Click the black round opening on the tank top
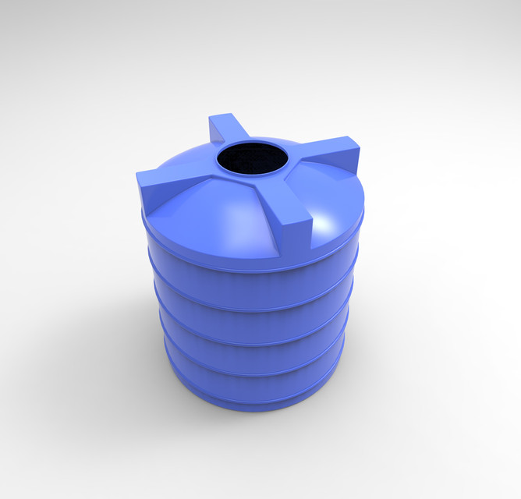tap(252, 159)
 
